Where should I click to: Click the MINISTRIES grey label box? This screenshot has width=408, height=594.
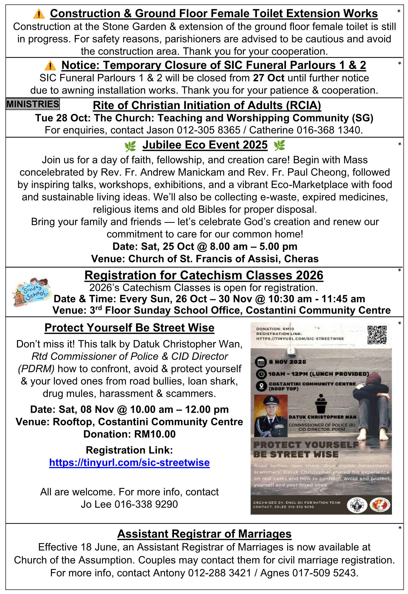click(x=33, y=104)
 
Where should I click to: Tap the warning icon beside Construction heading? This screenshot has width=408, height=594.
click(x=39, y=14)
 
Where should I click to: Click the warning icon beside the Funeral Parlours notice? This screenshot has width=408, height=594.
click(x=50, y=66)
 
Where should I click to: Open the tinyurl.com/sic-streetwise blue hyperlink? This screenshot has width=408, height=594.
click(x=129, y=463)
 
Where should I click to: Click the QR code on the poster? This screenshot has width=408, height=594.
click(x=377, y=335)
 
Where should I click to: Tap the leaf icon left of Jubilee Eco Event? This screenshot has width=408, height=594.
click(x=130, y=146)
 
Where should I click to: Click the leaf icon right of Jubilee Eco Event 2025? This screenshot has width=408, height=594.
click(x=279, y=145)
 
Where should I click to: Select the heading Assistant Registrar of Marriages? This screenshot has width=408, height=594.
click(x=204, y=534)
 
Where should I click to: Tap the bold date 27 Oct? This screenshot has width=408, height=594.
click(x=269, y=78)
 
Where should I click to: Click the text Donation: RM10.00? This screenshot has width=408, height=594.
click(x=129, y=434)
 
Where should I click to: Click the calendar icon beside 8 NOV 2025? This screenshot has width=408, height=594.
click(x=261, y=362)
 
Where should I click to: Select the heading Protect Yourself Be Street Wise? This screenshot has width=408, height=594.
click(x=129, y=328)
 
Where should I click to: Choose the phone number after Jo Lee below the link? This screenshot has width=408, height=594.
click(x=146, y=504)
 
